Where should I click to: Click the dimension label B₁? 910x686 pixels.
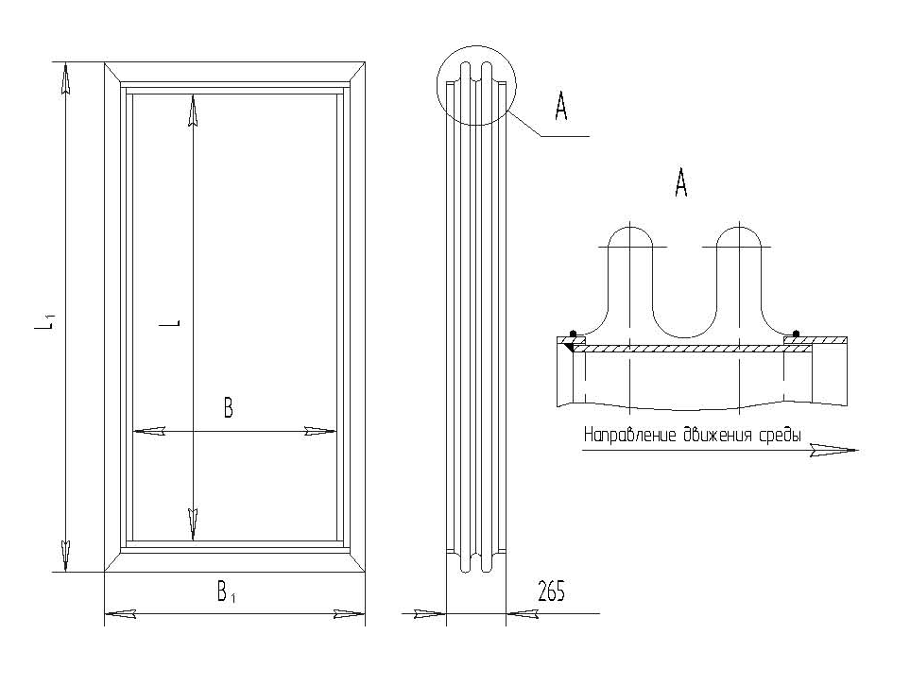(226, 592)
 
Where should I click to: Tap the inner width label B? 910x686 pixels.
(228, 408)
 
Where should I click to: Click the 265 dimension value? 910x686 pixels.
(551, 592)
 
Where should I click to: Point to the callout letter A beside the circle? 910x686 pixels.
(560, 107)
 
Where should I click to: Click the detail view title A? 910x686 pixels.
(680, 183)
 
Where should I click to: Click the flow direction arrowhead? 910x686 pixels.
(834, 450)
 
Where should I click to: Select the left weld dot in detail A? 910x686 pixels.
(573, 334)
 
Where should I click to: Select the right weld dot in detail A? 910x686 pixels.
(796, 334)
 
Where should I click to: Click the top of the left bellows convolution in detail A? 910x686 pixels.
(629, 227)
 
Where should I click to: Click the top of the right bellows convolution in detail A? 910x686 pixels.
(739, 227)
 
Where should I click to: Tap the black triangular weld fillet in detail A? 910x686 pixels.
(568, 347)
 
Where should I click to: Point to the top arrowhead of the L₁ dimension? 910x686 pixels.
(65, 79)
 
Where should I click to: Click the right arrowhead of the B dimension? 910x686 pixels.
(320, 431)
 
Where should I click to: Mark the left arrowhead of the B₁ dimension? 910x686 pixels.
(121, 613)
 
